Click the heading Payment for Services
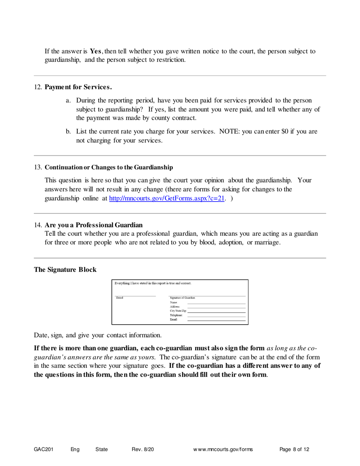tap(78, 87)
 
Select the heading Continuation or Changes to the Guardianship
tap(109, 167)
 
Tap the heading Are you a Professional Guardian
tap(94, 225)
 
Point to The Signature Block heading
tap(65, 269)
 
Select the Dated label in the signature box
tap(119, 298)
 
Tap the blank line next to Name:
tap(216, 303)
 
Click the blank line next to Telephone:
tap(216, 315)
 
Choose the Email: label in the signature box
tap(174, 320)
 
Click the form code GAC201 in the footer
tap(44, 449)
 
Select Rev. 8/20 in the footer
tap(143, 449)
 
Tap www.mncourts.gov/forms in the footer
tap(223, 449)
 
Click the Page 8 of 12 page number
tap(294, 449)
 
